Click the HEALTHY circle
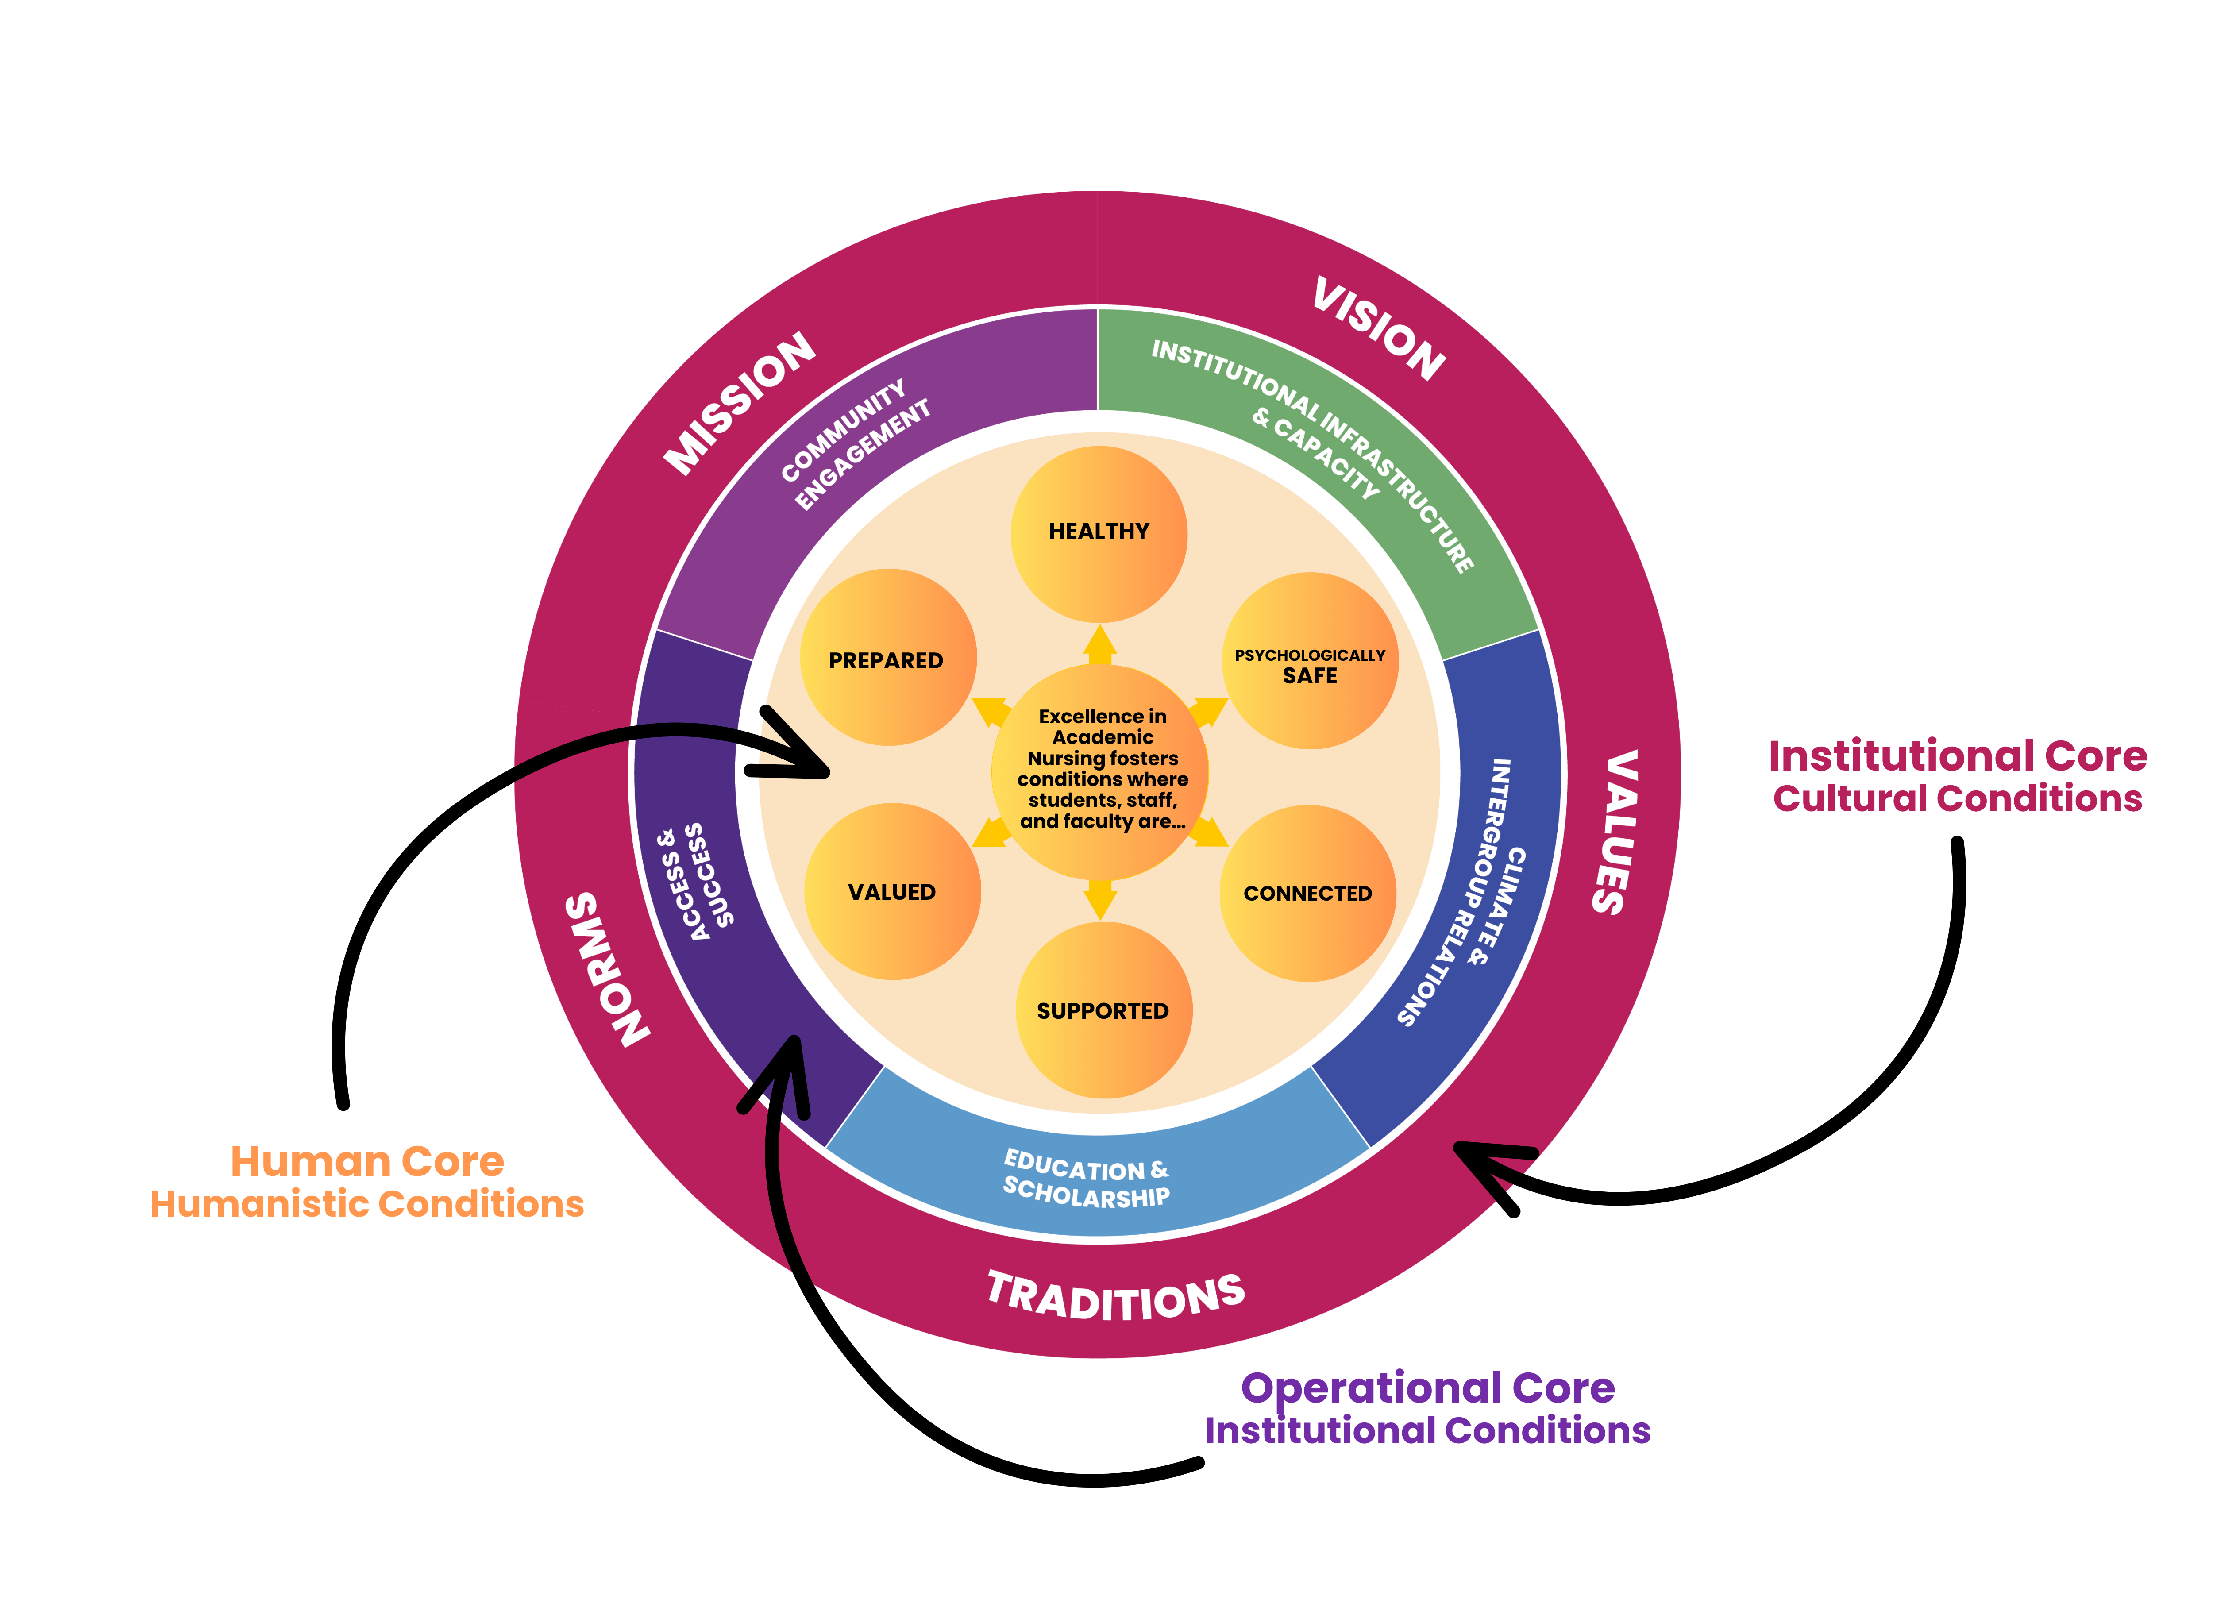[1099, 533]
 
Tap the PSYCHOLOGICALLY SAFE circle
[1310, 662]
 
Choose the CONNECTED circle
[1307, 893]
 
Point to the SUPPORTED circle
[1103, 1010]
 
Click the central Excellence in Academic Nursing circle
[1101, 771]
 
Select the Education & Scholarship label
[1086, 1179]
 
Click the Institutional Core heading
[1957, 756]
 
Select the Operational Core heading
[1427, 1387]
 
